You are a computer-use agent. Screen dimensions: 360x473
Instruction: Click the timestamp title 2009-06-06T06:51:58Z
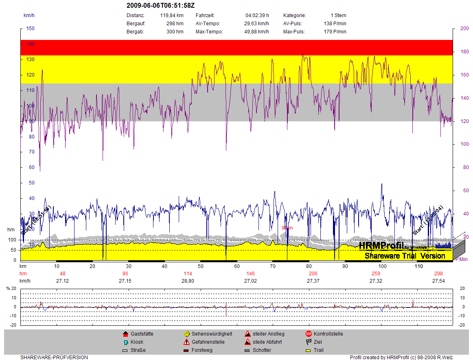tap(161, 6)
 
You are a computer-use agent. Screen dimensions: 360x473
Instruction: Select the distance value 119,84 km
tap(172, 15)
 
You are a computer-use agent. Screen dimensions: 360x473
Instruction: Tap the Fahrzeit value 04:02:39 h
tap(257, 15)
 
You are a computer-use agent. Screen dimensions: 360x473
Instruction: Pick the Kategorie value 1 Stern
tap(338, 15)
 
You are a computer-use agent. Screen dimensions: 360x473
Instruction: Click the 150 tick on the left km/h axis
tap(30, 29)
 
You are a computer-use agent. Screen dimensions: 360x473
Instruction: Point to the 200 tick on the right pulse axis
tap(464, 29)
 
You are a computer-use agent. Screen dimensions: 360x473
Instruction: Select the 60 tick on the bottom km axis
tap(237, 266)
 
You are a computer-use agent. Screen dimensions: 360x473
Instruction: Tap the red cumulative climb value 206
tap(313, 274)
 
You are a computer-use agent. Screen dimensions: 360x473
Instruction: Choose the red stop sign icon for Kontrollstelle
tap(309, 334)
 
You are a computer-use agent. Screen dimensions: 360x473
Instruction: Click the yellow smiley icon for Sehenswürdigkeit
tap(186, 334)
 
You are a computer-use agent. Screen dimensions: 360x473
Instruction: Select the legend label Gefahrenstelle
tap(208, 342)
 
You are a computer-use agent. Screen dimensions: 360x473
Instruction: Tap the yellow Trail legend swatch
tap(309, 350)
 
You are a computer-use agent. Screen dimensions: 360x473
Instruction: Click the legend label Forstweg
tap(202, 350)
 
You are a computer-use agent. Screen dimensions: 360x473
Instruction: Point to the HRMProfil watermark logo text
tap(381, 246)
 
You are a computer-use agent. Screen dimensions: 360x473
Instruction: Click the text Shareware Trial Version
tap(405, 256)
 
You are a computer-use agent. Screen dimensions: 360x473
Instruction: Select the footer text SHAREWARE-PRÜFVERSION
tap(54, 358)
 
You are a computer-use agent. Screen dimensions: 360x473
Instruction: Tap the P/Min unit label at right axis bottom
tap(461, 259)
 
